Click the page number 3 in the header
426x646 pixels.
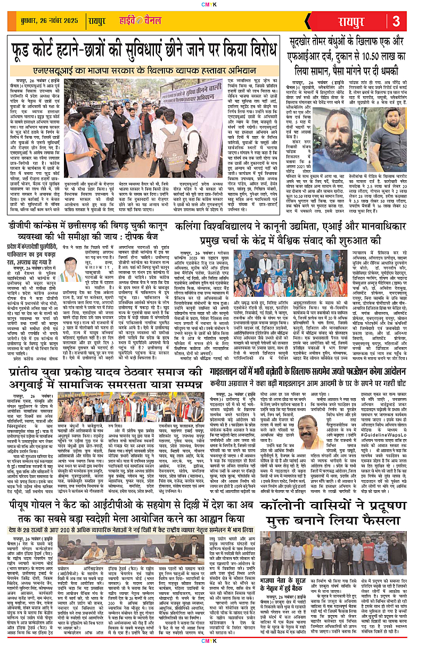tap(396, 22)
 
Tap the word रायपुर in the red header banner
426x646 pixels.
tap(350, 22)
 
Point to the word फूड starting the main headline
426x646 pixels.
tap(27, 52)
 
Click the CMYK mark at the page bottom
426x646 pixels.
tap(213, 641)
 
